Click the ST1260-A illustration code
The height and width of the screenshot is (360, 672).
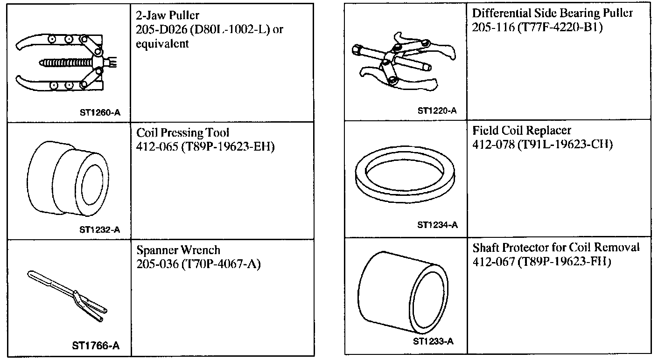99,112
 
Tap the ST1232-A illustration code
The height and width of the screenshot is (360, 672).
99,229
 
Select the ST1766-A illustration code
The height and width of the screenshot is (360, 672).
96,346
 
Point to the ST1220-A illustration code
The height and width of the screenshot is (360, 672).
437,111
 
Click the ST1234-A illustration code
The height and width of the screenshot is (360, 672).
437,225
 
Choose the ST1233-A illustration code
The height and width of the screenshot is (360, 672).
433,341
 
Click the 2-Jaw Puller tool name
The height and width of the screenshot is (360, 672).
168,16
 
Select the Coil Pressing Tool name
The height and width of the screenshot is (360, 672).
183,133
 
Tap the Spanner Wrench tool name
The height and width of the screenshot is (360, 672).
178,250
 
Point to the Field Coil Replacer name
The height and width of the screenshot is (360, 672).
521,130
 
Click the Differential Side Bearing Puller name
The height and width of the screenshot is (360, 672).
552,13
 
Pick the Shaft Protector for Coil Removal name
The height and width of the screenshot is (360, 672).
555,247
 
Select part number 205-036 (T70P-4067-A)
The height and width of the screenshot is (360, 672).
198,264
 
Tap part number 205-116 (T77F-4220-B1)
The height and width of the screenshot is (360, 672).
537,28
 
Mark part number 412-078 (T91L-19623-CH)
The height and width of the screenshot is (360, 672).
542,145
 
